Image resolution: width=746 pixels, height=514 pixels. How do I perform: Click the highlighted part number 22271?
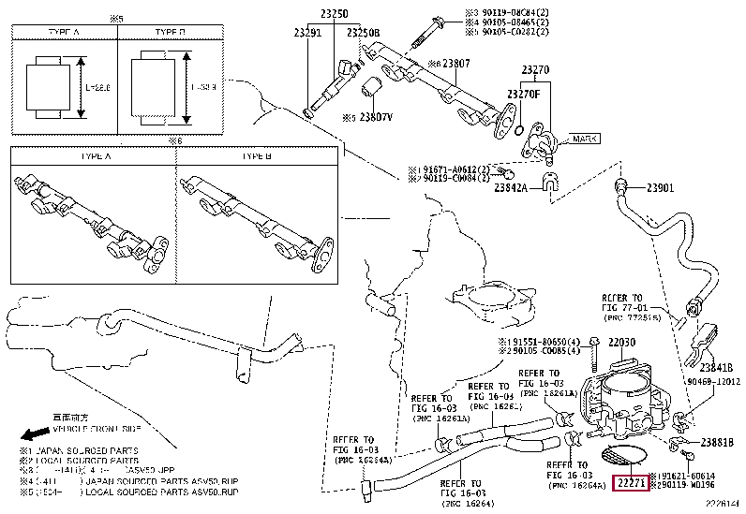[628, 483]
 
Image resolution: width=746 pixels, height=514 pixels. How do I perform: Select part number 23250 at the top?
[334, 15]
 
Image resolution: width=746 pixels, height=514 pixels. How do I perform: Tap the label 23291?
[306, 32]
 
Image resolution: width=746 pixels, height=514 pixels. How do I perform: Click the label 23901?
[660, 187]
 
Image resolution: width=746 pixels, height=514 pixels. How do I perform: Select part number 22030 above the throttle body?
[622, 343]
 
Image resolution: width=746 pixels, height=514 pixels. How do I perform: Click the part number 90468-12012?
[712, 382]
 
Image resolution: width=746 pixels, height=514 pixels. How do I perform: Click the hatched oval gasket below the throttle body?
[622, 457]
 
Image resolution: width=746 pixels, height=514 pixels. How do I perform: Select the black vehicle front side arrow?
[34, 434]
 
